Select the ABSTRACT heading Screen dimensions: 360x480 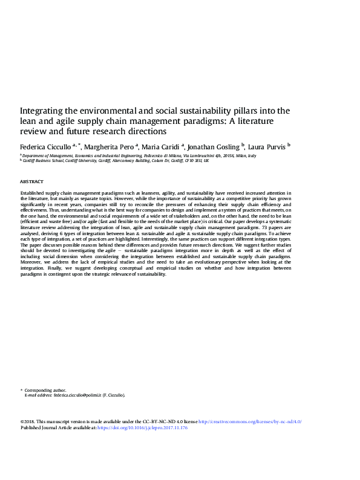coord(31,181)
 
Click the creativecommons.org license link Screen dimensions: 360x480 coord(249,421)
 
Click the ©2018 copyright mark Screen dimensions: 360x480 coord(27,421)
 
